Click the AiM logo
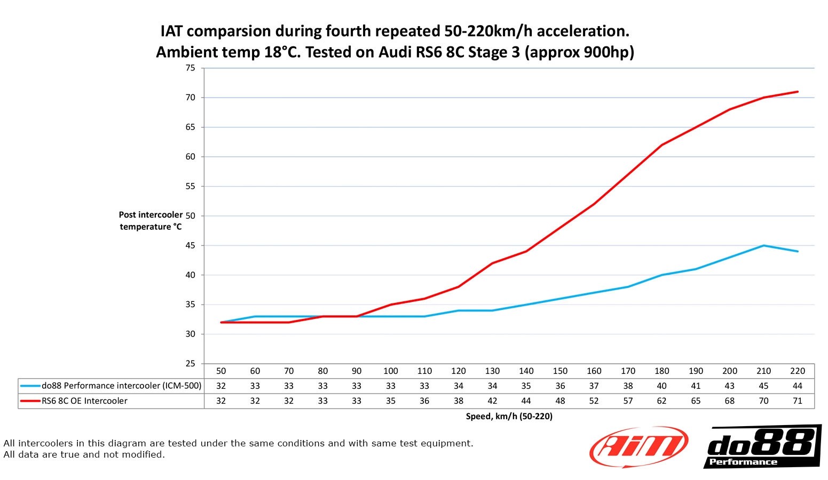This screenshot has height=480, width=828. [x=638, y=447]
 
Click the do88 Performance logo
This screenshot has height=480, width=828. [x=762, y=447]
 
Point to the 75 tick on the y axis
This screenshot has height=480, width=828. [x=191, y=68]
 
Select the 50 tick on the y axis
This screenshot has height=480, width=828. [x=191, y=216]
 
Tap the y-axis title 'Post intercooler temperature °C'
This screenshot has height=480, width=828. [x=151, y=221]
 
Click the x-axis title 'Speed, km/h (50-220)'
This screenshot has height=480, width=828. [x=509, y=417]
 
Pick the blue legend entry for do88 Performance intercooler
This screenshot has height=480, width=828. [x=111, y=386]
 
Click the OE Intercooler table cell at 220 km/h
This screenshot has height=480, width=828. [x=798, y=401]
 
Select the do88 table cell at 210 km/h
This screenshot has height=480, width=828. [x=763, y=386]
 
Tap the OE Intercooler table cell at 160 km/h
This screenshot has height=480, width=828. [x=594, y=401]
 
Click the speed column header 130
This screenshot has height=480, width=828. [x=492, y=371]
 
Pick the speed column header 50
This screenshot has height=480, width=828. [x=221, y=371]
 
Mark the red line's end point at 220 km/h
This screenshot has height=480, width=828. [x=798, y=92]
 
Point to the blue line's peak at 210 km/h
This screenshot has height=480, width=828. [x=763, y=245]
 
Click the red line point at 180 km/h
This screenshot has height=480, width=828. [x=662, y=145]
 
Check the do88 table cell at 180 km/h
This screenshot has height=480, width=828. [x=662, y=386]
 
